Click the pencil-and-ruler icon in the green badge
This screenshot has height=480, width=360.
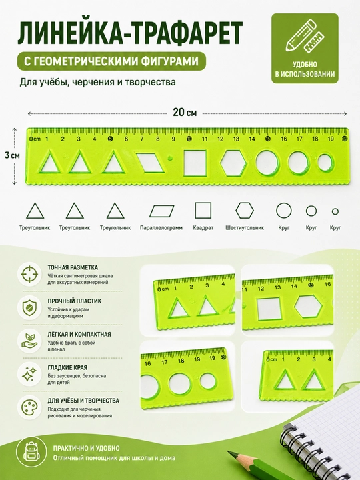tap(305, 37)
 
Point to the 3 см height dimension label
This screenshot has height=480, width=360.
tap(12, 155)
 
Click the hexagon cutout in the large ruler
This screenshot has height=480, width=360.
tap(233, 162)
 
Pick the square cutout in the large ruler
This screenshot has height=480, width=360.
tap(195, 163)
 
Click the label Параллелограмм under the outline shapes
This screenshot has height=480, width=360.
tap(161, 228)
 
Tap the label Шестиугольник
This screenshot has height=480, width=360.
tap(245, 228)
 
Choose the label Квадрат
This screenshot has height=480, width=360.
tap(203, 228)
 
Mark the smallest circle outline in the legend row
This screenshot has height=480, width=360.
tap(335, 211)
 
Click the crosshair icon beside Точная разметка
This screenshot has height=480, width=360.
tap(29, 274)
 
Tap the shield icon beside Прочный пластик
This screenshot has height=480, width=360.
tap(29, 307)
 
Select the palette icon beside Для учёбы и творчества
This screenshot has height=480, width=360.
tap(29, 407)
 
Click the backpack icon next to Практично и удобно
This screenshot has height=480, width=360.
tap(30, 453)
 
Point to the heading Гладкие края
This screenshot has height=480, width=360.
tap(67, 367)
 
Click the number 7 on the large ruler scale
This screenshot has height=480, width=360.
tap(142, 139)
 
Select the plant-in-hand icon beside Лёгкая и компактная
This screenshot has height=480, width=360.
tap(29, 341)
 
